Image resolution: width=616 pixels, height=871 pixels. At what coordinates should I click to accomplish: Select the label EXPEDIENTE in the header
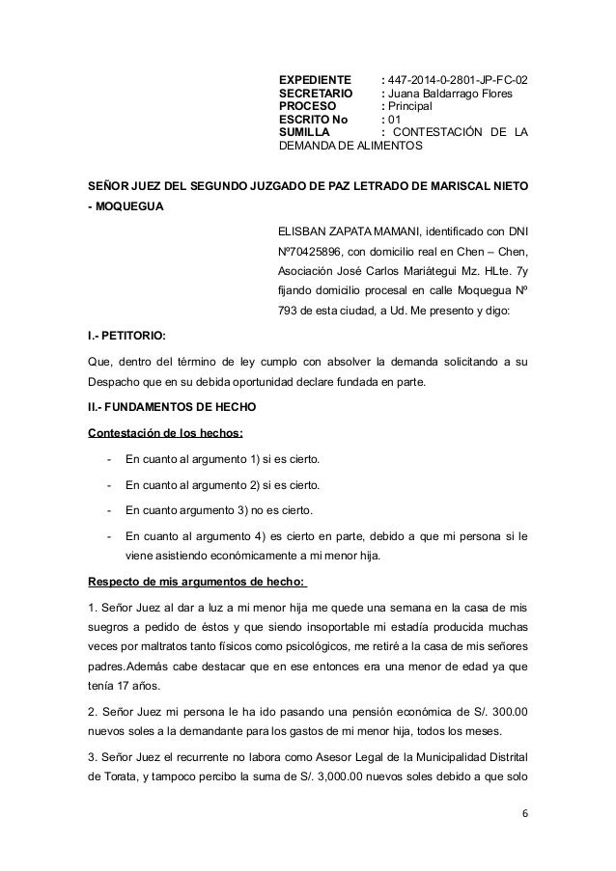[315, 79]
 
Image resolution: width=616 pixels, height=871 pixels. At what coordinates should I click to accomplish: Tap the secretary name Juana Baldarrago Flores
[451, 93]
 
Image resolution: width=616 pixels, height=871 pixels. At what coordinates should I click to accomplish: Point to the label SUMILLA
[303, 133]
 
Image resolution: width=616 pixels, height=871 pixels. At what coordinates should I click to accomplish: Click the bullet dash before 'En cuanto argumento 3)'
[112, 509]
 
